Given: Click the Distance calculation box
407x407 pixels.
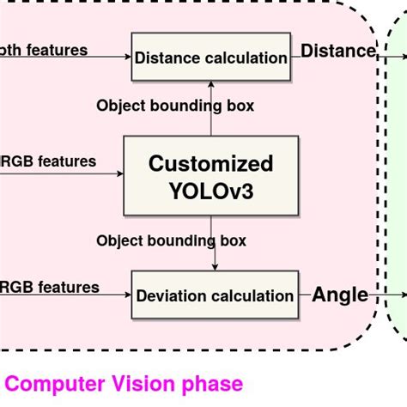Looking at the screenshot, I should tap(210, 58).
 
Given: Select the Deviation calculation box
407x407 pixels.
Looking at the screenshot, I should tap(215, 295).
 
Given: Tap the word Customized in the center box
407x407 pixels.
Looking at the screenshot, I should tap(210, 163).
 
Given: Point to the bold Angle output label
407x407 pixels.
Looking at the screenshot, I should tap(340, 295).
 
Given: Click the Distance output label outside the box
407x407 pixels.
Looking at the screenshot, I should tap(338, 52).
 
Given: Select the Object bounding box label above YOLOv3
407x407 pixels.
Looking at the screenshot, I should tap(175, 106).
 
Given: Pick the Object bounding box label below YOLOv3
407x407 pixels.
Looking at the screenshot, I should tap(171, 240).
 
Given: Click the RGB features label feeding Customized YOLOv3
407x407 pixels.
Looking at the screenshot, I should tap(48, 161).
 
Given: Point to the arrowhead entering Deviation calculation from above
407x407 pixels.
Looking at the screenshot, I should tap(214, 266).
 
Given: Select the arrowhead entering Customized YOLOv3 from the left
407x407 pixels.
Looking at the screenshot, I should tap(120, 174).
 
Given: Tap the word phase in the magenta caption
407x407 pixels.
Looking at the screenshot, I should tap(215, 384).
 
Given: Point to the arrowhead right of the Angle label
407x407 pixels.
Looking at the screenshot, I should tap(403, 295).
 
